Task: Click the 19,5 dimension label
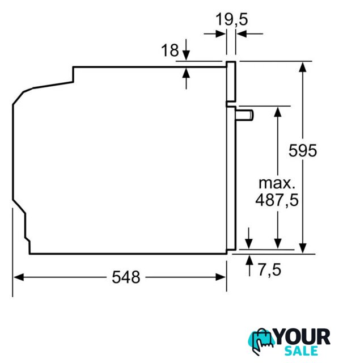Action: [x=232, y=19]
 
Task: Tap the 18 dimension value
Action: [x=170, y=50]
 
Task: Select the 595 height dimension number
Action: [x=303, y=151]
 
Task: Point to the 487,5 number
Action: [x=277, y=200]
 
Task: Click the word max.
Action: [x=277, y=183]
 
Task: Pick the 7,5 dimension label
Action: [x=269, y=270]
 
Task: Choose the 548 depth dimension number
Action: [x=126, y=277]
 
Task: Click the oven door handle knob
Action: [x=244, y=115]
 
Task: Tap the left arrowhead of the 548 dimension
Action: [x=19, y=277]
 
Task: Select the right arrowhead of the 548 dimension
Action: [x=221, y=277]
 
